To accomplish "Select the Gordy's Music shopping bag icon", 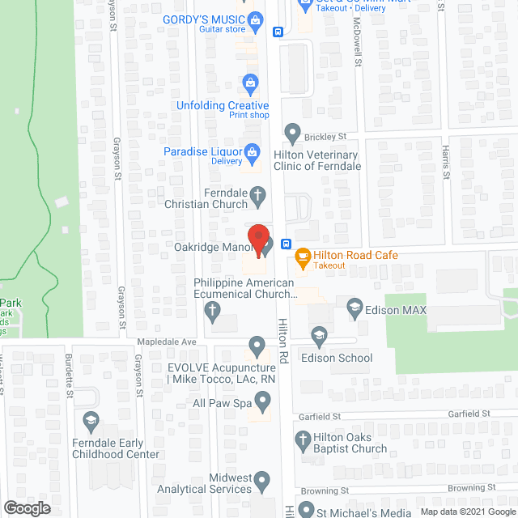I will (x=255, y=19).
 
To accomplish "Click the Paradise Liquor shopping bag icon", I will (x=253, y=151).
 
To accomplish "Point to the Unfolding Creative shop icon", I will (x=250, y=83).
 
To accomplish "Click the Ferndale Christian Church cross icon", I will (x=257, y=195).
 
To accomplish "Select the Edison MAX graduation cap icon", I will (x=354, y=307).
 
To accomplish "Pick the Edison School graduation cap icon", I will (x=319, y=335).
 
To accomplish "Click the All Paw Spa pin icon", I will (x=262, y=400).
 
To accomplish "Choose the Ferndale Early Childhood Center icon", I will (x=90, y=420).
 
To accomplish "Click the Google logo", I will (x=26, y=507).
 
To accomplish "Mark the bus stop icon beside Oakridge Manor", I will (x=286, y=244).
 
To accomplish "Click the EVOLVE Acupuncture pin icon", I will (x=257, y=346).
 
